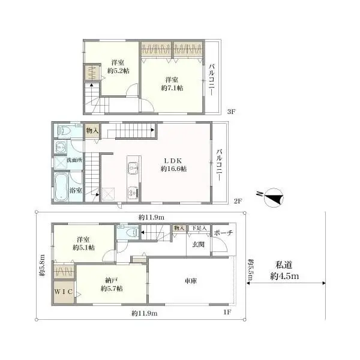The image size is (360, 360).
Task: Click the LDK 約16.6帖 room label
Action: click(x=173, y=165)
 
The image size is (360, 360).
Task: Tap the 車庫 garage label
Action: click(x=191, y=281)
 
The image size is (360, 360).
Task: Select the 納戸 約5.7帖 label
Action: click(x=112, y=284)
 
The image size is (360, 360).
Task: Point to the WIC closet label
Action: click(x=64, y=292)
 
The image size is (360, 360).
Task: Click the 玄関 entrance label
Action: click(x=198, y=244)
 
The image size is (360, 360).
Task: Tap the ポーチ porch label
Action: click(x=223, y=233)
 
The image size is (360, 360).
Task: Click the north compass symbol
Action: click(x=271, y=197)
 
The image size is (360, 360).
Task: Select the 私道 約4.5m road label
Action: click(x=284, y=271)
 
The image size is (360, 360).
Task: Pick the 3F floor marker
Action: click(x=231, y=112)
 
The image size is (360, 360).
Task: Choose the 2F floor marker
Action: click(x=238, y=201)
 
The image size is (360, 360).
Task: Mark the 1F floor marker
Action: click(x=227, y=312)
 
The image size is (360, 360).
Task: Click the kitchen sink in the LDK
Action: click(x=133, y=169)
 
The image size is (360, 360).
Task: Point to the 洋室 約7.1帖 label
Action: click(x=172, y=84)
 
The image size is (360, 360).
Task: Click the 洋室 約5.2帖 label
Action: click(x=118, y=67)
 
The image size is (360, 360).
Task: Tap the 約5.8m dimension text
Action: click(x=43, y=265)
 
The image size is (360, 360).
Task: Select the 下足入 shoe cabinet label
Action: click(x=199, y=228)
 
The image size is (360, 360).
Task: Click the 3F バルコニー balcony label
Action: click(x=212, y=79)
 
